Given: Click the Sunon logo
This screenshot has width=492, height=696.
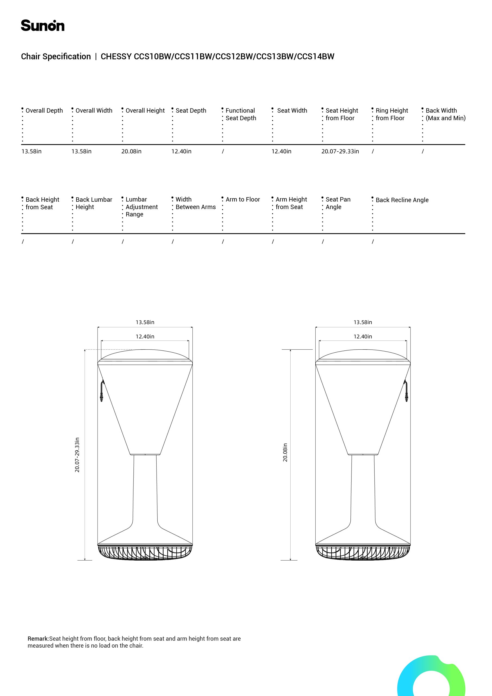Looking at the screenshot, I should pos(42,26).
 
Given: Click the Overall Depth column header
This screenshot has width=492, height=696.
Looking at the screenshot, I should pos(44,111).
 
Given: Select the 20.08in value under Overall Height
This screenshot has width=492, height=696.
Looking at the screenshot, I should pos(131,151).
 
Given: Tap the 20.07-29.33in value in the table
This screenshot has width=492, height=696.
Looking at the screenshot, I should pos(340,151).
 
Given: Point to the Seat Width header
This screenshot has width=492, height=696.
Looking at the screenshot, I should pos(292,111).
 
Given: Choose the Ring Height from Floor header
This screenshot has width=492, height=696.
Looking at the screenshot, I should pos(391,114).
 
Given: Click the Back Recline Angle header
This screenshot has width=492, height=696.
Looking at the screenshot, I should pos(402,200).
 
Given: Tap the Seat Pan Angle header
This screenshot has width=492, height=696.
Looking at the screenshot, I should pos(338,203).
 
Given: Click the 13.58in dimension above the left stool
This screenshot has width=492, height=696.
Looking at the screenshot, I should pos(145,322).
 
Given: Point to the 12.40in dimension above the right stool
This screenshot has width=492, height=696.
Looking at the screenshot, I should pos(363,337).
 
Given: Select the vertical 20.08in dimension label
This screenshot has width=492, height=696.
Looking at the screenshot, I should pos(285,453).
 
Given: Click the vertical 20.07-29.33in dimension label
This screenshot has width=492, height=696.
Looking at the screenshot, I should pos(77,455).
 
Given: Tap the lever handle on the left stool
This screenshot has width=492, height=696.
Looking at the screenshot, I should pos(102,391).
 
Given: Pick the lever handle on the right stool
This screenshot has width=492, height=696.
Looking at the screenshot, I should pos(406,391).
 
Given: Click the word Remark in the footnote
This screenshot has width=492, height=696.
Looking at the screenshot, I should pos(38,639).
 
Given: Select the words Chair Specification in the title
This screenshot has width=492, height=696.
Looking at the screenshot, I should pos(56,57).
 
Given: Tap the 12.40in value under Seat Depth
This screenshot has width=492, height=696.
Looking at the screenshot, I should pos(181,151).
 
